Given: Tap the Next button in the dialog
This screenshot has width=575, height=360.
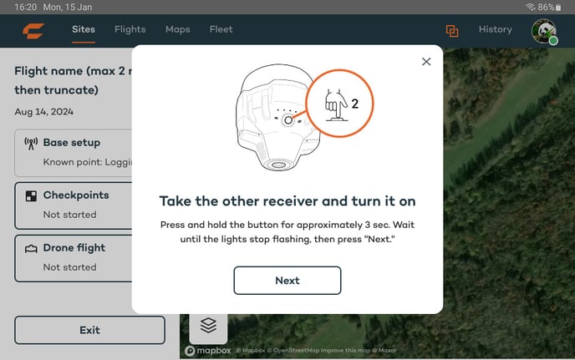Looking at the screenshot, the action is (287, 281).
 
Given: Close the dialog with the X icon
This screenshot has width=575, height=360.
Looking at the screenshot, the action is (426, 62).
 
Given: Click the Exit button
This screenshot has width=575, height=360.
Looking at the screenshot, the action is (90, 330).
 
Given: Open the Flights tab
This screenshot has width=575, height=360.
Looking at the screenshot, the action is (130, 29).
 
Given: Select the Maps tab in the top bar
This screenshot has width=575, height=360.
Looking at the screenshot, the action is (178, 29).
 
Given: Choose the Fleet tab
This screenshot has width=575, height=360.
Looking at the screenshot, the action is (221, 29).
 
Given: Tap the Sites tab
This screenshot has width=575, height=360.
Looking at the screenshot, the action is (84, 29).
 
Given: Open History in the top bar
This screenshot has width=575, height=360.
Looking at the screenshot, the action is (496, 29).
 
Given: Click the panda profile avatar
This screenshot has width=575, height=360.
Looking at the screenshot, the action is (544, 31).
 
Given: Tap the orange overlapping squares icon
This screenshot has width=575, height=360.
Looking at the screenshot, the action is (452, 31).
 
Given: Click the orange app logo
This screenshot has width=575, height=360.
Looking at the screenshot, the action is (33, 31).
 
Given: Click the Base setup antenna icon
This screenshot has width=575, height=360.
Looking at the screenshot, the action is (31, 144).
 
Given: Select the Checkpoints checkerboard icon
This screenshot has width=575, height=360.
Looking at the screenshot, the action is (31, 195).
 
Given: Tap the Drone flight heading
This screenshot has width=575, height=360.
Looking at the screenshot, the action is (74, 248).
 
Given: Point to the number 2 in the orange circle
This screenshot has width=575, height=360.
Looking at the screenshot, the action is (354, 104).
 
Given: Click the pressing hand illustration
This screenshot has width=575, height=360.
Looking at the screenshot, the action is (336, 105).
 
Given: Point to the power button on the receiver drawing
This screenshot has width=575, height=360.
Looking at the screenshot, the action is (288, 120).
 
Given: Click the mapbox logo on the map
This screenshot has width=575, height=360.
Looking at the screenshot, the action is (208, 351).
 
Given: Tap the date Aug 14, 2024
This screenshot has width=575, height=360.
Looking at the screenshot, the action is (44, 112).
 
